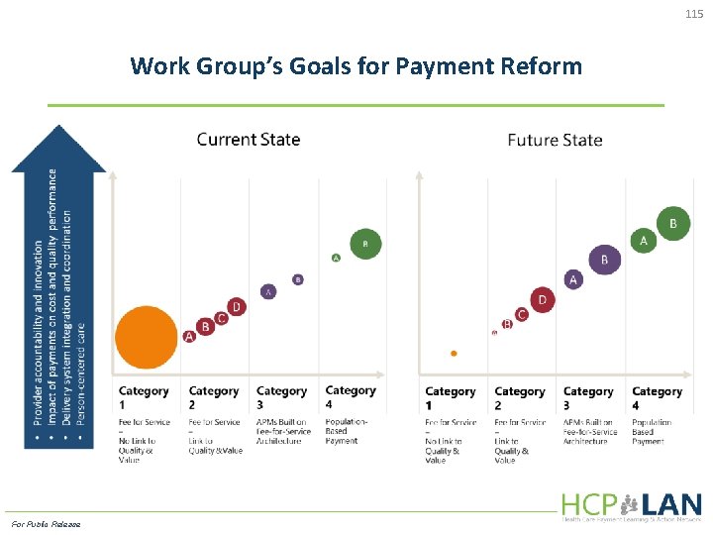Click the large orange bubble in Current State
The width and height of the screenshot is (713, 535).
[147, 336]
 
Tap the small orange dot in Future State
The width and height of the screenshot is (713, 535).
[454, 353]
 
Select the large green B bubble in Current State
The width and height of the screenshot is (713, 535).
[365, 243]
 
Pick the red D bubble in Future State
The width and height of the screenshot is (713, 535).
[542, 299]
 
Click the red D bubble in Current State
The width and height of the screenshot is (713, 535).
[236, 307]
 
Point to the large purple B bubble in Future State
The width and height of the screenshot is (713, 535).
[605, 261]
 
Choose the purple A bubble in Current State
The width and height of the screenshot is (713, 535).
[268, 291]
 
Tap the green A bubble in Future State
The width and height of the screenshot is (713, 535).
[643, 241]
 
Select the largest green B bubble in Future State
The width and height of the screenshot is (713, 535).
[673, 224]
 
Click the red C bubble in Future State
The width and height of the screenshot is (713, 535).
[522, 314]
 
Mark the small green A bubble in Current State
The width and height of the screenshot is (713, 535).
[336, 258]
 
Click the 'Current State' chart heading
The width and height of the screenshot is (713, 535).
[249, 140]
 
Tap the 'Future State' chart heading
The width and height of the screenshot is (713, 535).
[555, 140]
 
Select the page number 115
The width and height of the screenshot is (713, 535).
[693, 13]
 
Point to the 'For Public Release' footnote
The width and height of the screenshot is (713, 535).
[46, 524]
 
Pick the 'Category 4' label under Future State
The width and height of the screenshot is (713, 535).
[657, 398]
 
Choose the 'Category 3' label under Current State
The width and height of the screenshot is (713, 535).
[281, 397]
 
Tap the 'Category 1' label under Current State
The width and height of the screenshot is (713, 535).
[144, 397]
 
